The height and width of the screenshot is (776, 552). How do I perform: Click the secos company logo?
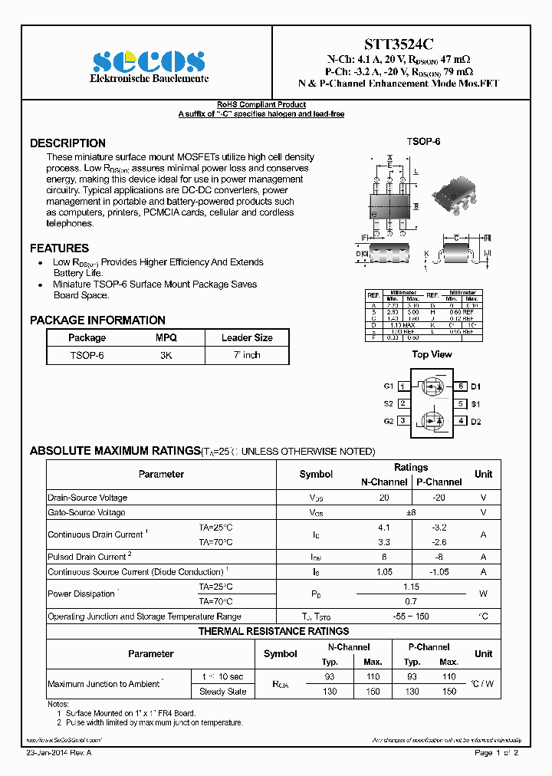click(149, 61)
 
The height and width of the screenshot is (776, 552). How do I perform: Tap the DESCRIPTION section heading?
click(67, 143)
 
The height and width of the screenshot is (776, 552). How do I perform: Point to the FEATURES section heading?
click(59, 248)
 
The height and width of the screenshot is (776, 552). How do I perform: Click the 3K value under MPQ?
click(166, 356)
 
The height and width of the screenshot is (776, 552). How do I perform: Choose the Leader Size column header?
click(247, 337)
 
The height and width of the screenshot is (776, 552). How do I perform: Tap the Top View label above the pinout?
click(432, 354)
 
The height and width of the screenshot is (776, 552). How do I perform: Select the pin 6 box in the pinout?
click(462, 386)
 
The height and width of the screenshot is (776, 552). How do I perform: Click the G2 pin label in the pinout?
click(389, 421)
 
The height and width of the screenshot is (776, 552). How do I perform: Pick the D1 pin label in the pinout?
click(475, 386)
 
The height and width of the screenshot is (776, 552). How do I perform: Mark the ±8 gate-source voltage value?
click(411, 512)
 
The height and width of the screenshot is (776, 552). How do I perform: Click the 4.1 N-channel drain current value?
click(384, 528)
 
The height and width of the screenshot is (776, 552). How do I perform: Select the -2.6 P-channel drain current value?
click(439, 542)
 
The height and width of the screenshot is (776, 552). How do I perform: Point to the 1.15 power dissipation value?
click(411, 587)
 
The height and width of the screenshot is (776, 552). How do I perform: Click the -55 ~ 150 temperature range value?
click(411, 617)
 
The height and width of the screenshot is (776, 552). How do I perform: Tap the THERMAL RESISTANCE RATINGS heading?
click(274, 631)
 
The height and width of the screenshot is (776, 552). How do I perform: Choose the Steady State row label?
click(222, 692)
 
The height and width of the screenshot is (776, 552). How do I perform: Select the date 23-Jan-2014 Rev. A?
click(59, 753)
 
